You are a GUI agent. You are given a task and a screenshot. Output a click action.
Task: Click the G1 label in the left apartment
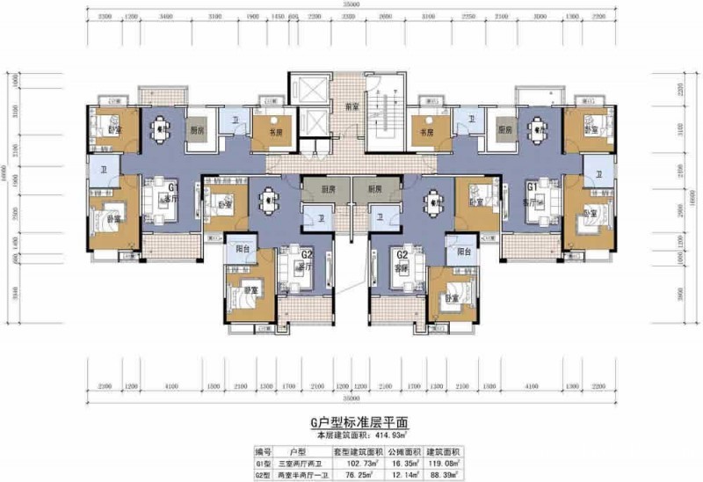coord(173,187)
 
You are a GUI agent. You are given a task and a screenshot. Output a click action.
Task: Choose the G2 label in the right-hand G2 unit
coord(402,254)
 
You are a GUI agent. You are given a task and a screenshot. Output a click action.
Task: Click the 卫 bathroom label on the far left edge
coord(103,169)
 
